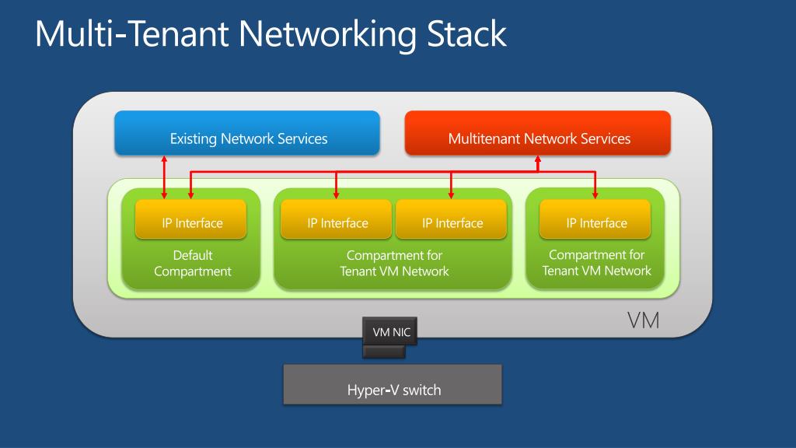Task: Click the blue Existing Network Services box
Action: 247,133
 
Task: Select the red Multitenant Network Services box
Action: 538,133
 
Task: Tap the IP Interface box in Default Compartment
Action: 191,219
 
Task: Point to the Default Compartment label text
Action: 193,263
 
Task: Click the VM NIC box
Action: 390,331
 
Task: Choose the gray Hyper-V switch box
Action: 393,384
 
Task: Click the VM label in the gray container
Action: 643,320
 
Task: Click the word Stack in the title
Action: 466,34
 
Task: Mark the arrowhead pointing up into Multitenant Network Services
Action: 538,159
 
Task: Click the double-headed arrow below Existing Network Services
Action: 164,177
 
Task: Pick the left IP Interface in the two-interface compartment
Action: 336,219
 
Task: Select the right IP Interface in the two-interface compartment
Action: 451,219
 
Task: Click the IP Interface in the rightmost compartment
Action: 595,219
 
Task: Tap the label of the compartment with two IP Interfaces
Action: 394,263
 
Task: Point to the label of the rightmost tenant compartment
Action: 596,263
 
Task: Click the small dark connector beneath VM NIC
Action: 384,352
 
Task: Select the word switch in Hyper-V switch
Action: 422,390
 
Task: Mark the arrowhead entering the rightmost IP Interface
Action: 595,195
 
